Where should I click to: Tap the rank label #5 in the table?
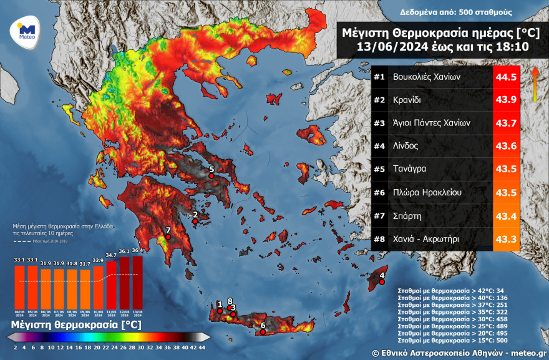pos(379,169)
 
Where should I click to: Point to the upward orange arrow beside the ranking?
pos(535,84)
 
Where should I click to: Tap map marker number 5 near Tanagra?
pos(211,176)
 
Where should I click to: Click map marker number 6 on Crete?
pos(263,331)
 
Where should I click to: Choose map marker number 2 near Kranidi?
pos(195,221)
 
